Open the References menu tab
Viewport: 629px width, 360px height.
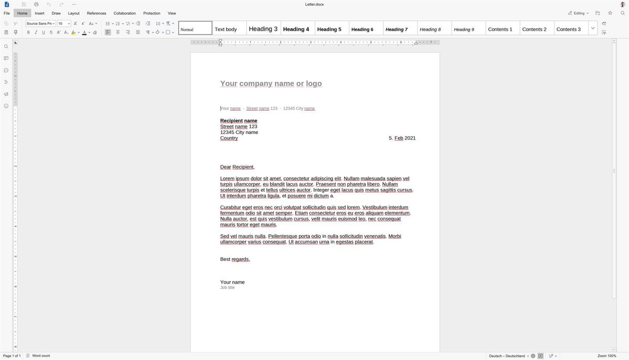click(96, 13)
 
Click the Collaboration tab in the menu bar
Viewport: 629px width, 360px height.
click(125, 13)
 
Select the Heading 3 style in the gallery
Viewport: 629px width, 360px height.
click(263, 29)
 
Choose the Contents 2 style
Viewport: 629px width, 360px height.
click(534, 29)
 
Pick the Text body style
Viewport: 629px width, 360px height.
click(226, 29)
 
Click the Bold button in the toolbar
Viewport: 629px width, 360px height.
click(28, 32)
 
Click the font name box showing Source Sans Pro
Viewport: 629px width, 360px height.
click(40, 24)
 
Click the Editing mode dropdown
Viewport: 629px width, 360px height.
click(579, 13)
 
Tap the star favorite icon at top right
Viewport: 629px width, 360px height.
click(610, 13)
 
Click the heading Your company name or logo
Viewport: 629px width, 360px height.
click(271, 83)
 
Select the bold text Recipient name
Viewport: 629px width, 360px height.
click(238, 121)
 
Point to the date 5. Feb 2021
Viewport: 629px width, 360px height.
click(402, 138)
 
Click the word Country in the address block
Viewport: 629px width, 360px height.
click(229, 138)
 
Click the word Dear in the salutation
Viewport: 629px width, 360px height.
click(225, 167)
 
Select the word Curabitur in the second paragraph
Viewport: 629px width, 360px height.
click(230, 208)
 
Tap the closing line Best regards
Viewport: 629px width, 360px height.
click(235, 259)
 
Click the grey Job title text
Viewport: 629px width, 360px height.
click(227, 288)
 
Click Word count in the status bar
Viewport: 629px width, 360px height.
click(41, 356)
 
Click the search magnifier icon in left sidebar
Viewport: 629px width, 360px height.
click(6, 47)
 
